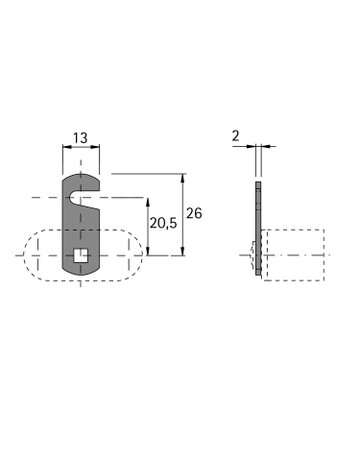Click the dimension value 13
(80, 137)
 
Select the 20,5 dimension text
(163, 223)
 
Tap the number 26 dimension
(194, 213)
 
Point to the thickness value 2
(236, 136)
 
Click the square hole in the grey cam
(81, 255)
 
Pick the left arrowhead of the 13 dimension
(66, 147)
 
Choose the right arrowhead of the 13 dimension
(96, 147)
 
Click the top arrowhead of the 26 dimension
(182, 178)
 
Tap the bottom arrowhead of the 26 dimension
(182, 251)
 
